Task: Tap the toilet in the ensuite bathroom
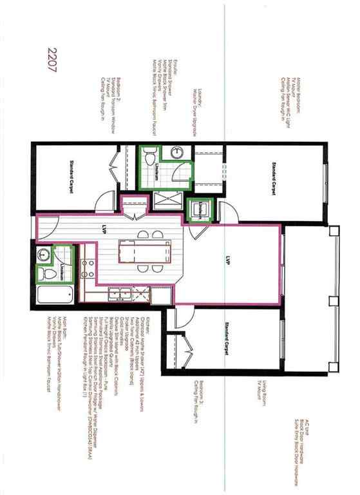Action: [149, 155]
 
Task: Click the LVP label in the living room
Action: [228, 261]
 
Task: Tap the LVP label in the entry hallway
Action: [102, 228]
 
